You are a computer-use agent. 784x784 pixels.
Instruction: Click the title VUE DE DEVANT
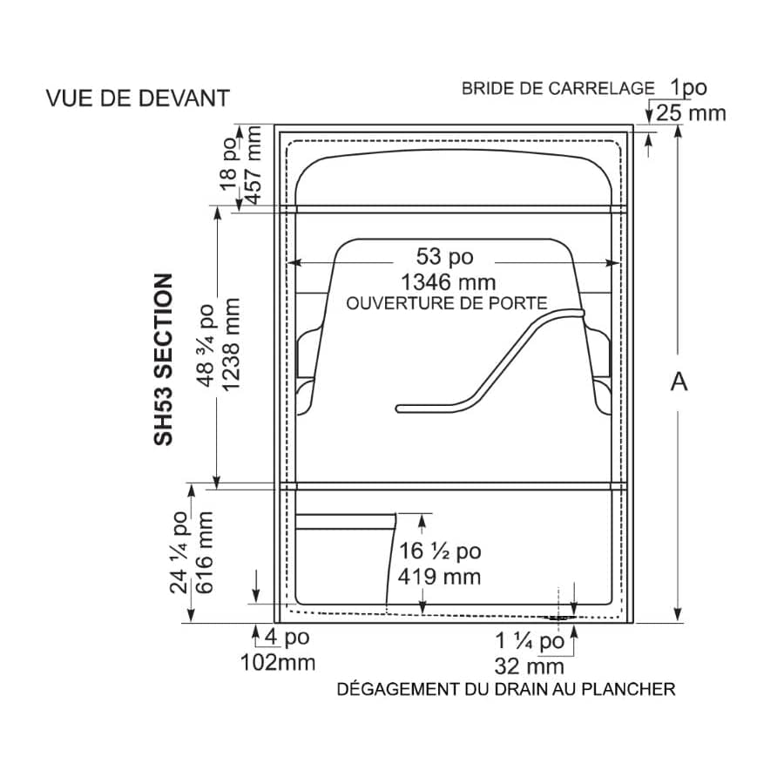pyautogui.click(x=138, y=98)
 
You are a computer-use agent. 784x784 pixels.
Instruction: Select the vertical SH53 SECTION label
pyautogui.click(x=164, y=359)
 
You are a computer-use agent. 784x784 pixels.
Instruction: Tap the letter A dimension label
pyautogui.click(x=679, y=382)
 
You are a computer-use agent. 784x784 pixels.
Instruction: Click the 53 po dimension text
pyautogui.click(x=444, y=256)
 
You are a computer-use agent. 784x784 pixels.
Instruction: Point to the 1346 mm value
pyautogui.click(x=449, y=282)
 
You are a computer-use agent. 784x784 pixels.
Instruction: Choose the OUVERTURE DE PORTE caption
pyautogui.click(x=447, y=303)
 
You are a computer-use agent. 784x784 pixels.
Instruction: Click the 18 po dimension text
pyautogui.click(x=228, y=163)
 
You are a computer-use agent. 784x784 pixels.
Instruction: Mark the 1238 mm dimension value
pyautogui.click(x=231, y=345)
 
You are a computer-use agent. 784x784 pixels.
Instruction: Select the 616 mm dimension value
pyautogui.click(x=204, y=552)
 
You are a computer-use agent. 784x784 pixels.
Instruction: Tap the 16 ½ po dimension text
pyautogui.click(x=440, y=551)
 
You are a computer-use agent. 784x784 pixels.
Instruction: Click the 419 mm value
pyautogui.click(x=440, y=577)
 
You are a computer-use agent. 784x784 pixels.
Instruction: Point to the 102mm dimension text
pyautogui.click(x=278, y=663)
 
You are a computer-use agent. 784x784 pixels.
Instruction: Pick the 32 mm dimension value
pyautogui.click(x=530, y=666)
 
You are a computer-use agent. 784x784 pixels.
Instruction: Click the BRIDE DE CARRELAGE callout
pyautogui.click(x=558, y=89)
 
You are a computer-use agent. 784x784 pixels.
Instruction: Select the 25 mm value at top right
pyautogui.click(x=691, y=113)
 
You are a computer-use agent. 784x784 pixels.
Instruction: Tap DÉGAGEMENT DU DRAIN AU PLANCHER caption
pyautogui.click(x=506, y=689)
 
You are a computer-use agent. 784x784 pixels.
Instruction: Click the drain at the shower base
pyautogui.click(x=559, y=618)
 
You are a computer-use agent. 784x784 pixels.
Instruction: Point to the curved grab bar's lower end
pyautogui.click(x=398, y=409)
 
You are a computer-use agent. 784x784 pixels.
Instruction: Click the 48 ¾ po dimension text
pyautogui.click(x=206, y=345)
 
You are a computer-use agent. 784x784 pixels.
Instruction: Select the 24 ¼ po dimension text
pyautogui.click(x=179, y=552)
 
